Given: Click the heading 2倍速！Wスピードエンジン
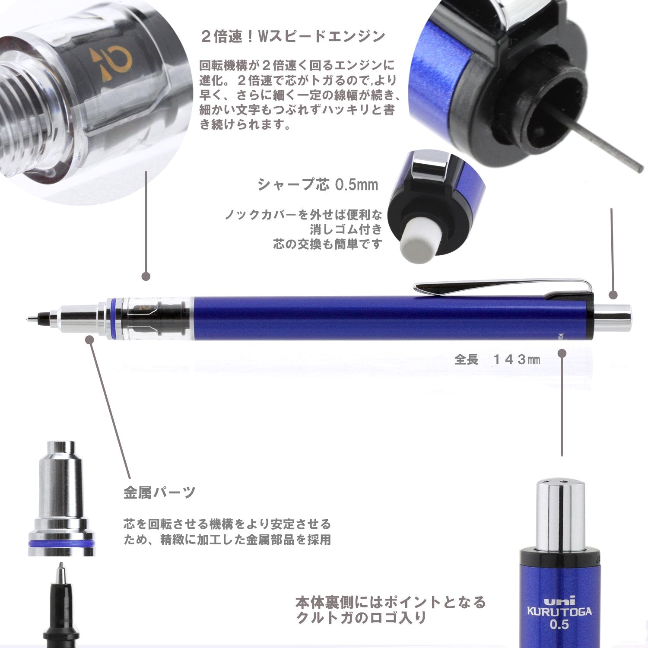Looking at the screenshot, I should pyautogui.click(x=293, y=36).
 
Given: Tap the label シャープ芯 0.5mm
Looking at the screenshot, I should pyautogui.click(x=318, y=185).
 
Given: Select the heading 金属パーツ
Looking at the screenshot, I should pyautogui.click(x=159, y=492).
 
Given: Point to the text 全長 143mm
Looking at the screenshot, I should pyautogui.click(x=497, y=359).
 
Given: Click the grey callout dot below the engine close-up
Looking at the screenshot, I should pyautogui.click(x=146, y=276).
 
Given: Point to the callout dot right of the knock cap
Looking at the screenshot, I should pyautogui.click(x=613, y=295).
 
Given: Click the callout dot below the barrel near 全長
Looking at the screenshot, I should pyautogui.click(x=562, y=353).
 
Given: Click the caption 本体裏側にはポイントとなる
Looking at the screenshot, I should pyautogui.click(x=391, y=602).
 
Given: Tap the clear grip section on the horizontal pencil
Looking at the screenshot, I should pyautogui.click(x=156, y=318).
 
